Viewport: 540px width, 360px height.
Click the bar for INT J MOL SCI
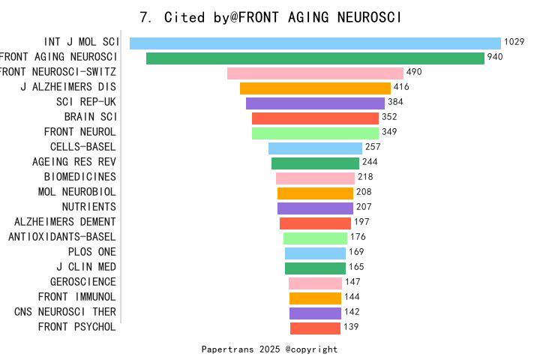tap(315, 43)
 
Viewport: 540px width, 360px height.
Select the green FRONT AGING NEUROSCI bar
tap(315, 58)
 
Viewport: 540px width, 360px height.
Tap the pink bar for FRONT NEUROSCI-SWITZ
tap(315, 73)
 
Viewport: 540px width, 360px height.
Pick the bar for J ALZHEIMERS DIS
tap(315, 88)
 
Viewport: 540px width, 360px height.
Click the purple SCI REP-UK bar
tap(315, 103)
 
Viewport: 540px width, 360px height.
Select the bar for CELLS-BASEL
tap(315, 148)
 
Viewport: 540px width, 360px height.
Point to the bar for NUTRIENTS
tap(315, 208)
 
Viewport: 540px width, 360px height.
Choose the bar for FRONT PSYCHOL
tap(315, 328)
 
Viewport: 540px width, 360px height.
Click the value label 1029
tap(514, 43)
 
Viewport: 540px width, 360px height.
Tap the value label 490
tap(415, 73)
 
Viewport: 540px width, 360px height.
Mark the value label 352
tap(389, 117)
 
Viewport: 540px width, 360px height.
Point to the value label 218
tap(365, 177)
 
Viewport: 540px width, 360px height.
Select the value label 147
tap(352, 282)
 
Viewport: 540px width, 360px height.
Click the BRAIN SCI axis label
tap(90, 117)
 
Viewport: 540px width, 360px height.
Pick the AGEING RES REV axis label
tap(74, 162)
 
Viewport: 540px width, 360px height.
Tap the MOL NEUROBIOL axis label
tap(77, 192)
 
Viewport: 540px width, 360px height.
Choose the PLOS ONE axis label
tap(92, 252)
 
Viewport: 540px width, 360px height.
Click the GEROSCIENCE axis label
tap(83, 282)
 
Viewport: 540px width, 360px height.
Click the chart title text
tap(271, 17)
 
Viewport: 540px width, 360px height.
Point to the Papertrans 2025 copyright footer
tap(270, 349)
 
